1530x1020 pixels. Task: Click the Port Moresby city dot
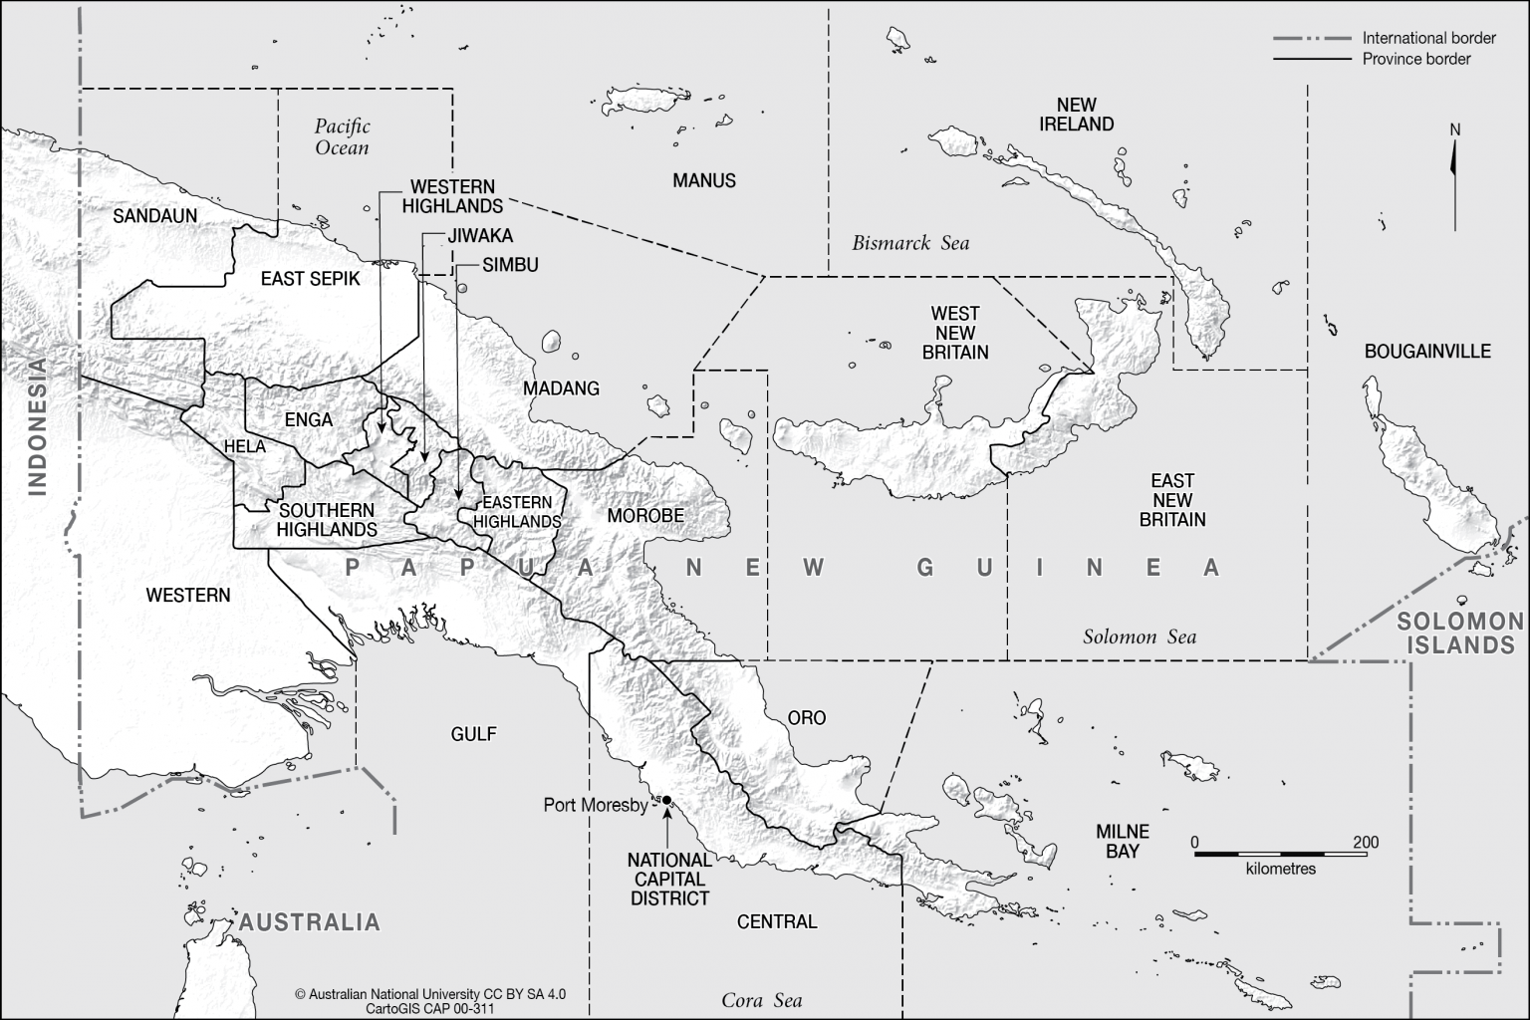[x=666, y=800]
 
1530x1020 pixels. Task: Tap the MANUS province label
[x=703, y=180]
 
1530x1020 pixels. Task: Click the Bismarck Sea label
[x=910, y=243]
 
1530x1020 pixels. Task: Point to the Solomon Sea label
[x=1140, y=637]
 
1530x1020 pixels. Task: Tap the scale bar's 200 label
[x=1366, y=843]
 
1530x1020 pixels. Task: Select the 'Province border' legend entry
[x=1415, y=59]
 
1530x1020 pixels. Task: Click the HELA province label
[x=245, y=447]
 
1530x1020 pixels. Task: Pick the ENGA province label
[x=309, y=419]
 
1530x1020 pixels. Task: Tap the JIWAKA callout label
[x=480, y=236]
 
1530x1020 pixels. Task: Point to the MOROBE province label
[x=645, y=516]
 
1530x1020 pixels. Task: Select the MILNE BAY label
[x=1123, y=842]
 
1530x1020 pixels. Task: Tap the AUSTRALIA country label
[x=309, y=922]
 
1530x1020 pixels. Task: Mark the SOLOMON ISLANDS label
[x=1459, y=634]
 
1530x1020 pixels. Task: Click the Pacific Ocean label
[x=343, y=137]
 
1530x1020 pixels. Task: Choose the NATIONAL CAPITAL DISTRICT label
[x=669, y=879]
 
